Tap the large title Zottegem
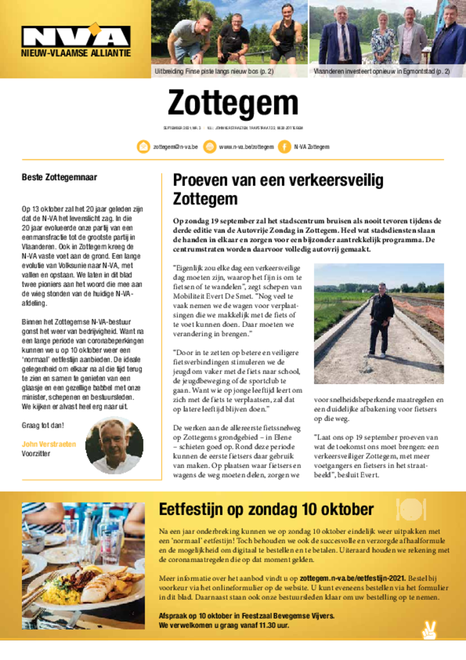[232, 103]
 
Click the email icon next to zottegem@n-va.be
[144, 146]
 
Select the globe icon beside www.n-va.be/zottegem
[210, 146]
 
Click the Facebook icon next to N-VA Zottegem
[284, 146]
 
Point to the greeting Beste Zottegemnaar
[60, 176]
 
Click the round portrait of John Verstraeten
[114, 445]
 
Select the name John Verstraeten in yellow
[49, 444]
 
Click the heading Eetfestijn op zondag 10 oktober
[266, 509]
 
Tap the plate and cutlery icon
[412, 509]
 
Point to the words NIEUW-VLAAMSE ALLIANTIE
[75, 54]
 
